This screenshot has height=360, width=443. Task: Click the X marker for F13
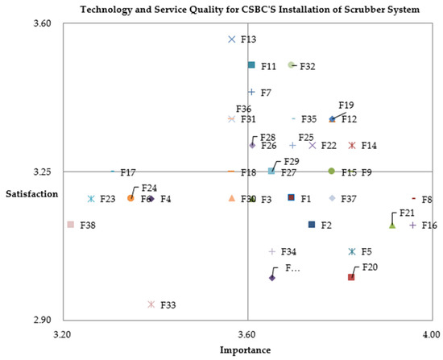(232, 39)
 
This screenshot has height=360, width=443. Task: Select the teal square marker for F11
(251, 65)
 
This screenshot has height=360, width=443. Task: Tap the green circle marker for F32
(292, 65)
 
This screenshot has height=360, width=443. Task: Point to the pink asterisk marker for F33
(151, 304)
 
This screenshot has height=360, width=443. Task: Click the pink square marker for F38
(71, 225)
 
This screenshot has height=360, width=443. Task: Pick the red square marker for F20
(351, 277)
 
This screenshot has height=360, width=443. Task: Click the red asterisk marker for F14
(352, 146)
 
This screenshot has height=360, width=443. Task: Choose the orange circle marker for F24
(130, 198)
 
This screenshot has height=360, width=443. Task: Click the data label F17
(127, 172)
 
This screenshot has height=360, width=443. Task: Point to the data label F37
(349, 199)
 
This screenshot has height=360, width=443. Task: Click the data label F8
(427, 199)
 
